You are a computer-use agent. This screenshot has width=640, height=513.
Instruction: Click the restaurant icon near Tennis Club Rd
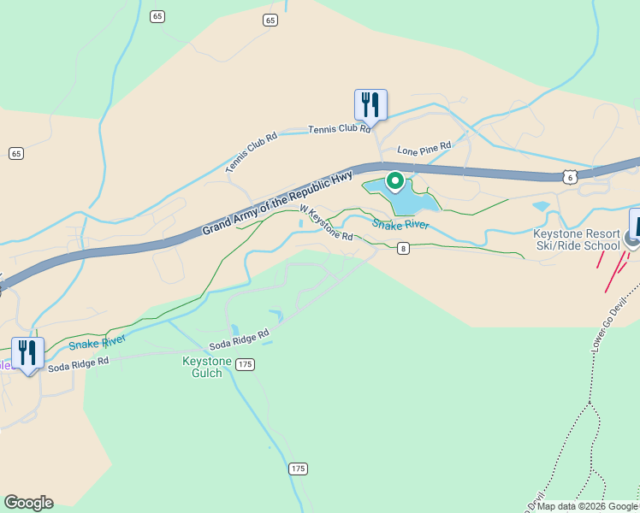(x=370, y=104)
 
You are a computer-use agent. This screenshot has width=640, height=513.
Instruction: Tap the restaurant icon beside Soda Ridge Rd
(x=27, y=352)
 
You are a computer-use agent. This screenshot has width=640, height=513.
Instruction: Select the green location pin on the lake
(x=395, y=181)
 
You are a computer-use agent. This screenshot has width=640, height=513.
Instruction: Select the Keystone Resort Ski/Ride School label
(x=576, y=239)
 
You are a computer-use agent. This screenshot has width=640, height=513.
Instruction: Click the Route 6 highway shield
(x=570, y=176)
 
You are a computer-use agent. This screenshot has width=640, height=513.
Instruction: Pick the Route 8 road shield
(x=403, y=249)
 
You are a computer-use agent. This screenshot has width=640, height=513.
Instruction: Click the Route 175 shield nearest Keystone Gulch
(x=246, y=364)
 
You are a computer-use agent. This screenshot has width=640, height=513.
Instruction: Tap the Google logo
(x=28, y=503)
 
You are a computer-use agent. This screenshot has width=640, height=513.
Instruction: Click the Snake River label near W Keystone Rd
(x=400, y=224)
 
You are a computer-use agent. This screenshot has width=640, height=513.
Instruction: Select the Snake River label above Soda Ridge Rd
(x=97, y=341)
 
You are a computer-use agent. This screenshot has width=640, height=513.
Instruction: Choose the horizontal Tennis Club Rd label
(x=340, y=128)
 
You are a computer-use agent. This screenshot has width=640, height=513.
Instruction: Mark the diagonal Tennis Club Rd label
(x=252, y=152)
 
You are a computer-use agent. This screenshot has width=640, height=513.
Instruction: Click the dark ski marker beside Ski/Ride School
(x=635, y=230)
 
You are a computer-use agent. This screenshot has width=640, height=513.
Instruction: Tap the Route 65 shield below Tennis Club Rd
(x=16, y=153)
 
